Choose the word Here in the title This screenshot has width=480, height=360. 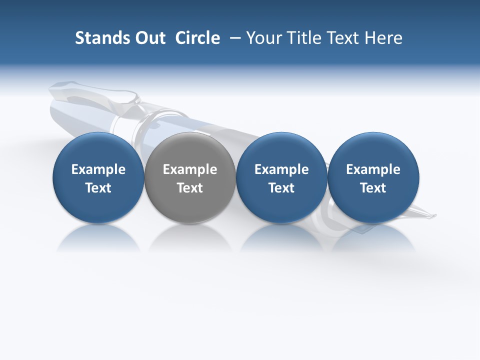pos(383,38)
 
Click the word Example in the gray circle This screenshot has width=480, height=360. pos(190,170)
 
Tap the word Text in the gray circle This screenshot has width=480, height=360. pos(190,188)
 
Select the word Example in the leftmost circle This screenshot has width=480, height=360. pos(98,170)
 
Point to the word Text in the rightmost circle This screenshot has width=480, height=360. pos(373,188)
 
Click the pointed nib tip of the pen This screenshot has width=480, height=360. pos(434,216)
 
